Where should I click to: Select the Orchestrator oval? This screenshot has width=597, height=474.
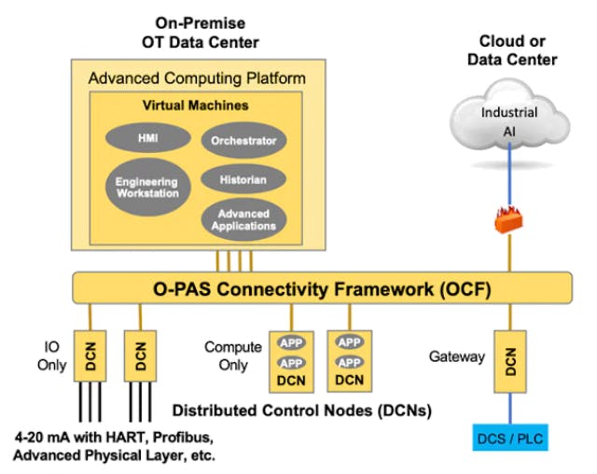pyautogui.click(x=243, y=141)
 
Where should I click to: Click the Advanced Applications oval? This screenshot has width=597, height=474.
pyautogui.click(x=243, y=219)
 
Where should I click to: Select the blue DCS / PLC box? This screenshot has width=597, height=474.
pyautogui.click(x=510, y=438)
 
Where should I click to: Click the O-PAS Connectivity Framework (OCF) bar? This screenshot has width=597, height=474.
pyautogui.click(x=322, y=286)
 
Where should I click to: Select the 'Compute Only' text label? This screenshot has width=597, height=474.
pyautogui.click(x=233, y=355)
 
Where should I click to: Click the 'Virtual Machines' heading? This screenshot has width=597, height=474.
pyautogui.click(x=195, y=105)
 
